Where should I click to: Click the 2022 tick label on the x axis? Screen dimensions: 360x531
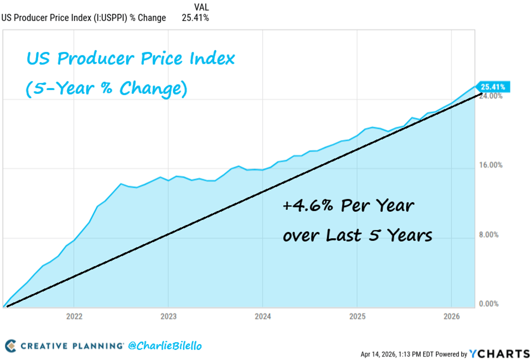(x=73, y=317)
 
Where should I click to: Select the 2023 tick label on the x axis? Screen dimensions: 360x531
(x=168, y=317)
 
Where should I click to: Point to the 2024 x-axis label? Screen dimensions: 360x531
(x=262, y=317)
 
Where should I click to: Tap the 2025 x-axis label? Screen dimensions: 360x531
(x=357, y=317)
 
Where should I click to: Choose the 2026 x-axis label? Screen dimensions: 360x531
(x=451, y=317)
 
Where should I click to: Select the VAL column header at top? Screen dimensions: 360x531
(x=201, y=7)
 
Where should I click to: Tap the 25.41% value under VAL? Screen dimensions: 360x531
(x=195, y=18)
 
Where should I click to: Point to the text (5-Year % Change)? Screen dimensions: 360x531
(x=106, y=88)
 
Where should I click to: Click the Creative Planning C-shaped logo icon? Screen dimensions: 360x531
(x=11, y=345)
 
